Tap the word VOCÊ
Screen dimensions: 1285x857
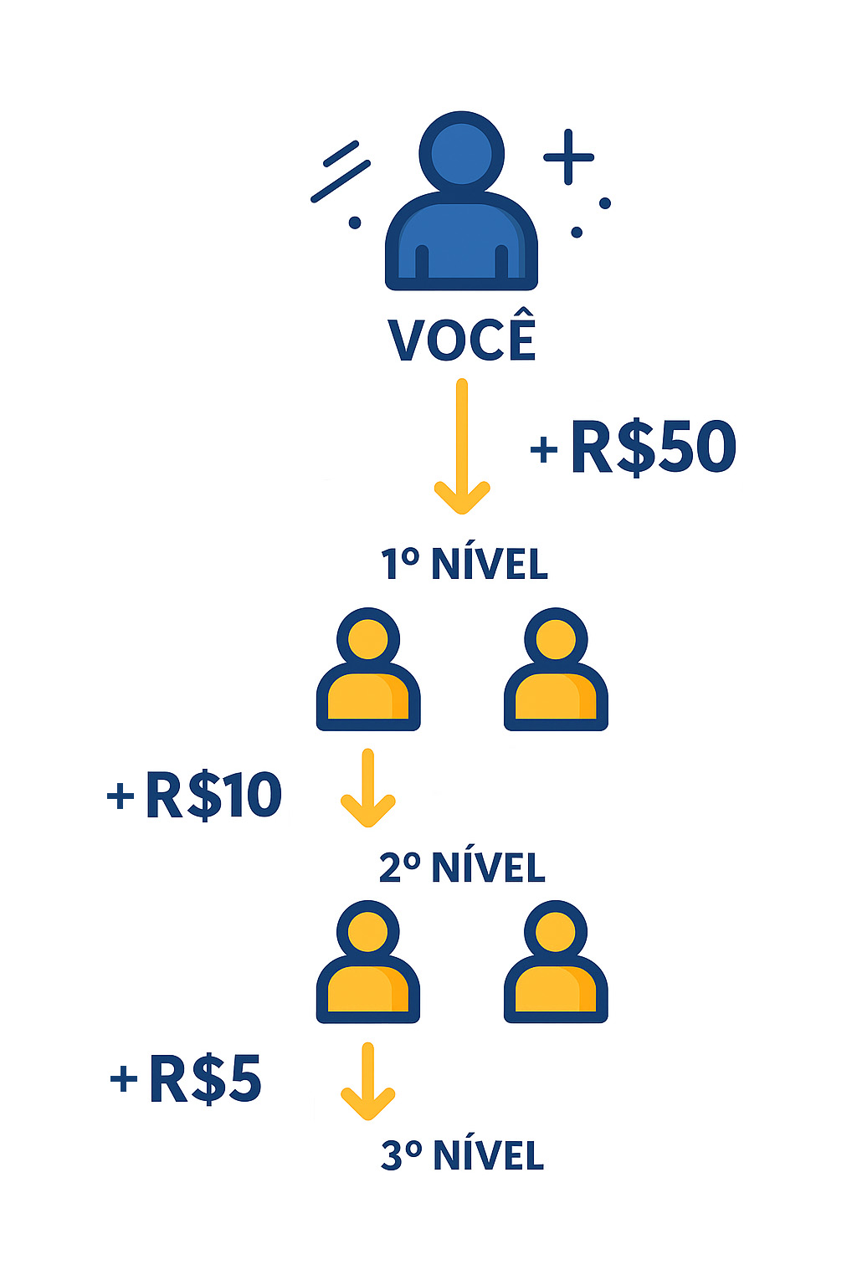click(x=462, y=338)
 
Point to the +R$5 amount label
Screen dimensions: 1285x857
click(x=187, y=1078)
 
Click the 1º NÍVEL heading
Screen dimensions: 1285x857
click(x=464, y=564)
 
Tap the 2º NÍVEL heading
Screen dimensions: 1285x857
click(x=462, y=868)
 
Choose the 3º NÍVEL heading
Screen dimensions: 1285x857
click(x=462, y=1155)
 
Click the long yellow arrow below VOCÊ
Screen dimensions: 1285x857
click(x=461, y=448)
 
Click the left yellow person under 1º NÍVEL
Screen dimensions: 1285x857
click(x=368, y=671)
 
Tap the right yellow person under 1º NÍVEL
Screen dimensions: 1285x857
click(x=556, y=671)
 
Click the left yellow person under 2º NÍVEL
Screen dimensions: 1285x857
click(x=368, y=963)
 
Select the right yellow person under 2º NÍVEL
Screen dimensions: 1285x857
click(x=556, y=963)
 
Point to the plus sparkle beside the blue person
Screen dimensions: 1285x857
click(x=568, y=156)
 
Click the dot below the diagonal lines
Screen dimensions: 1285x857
click(x=355, y=223)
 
